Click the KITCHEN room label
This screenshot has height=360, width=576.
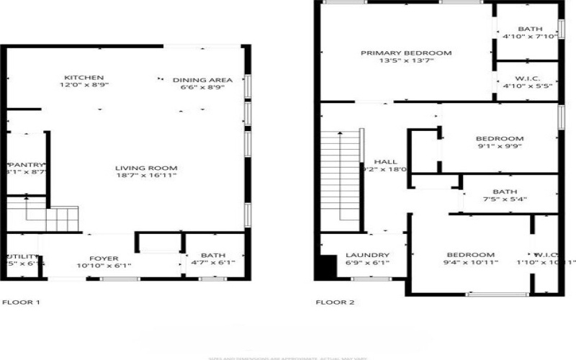(84, 78)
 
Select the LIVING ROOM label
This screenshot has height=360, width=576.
(146, 169)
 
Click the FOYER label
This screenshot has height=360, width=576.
(104, 258)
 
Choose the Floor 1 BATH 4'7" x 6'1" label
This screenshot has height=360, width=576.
(213, 255)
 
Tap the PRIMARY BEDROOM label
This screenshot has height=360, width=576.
(406, 53)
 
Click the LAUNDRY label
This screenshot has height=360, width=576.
(367, 255)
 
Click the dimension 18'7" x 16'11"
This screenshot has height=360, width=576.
(146, 175)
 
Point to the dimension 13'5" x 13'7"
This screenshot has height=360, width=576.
(406, 62)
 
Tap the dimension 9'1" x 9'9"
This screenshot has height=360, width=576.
(499, 146)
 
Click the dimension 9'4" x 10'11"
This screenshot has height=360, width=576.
(471, 264)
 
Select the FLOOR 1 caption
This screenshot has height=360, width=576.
(22, 302)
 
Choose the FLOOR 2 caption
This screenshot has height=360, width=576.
(336, 302)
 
